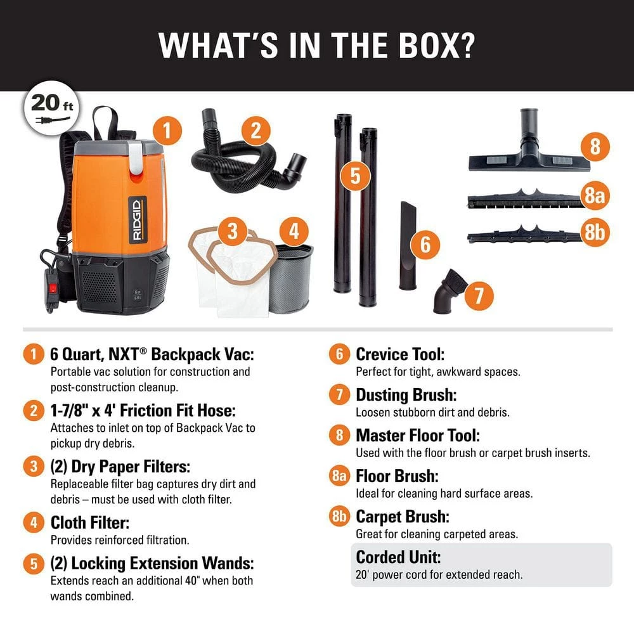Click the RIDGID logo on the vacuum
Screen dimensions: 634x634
coord(138,221)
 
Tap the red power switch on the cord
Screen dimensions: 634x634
coord(53,288)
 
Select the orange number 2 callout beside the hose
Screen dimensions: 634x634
coord(256,131)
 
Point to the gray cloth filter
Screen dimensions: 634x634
coord(291,278)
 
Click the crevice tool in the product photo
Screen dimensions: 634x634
coord(408,245)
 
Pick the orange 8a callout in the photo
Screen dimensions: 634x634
coord(595,196)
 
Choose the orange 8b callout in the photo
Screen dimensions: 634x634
coord(595,232)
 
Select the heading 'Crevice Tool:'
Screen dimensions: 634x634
coord(400,354)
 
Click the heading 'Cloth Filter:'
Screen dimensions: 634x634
coord(90,522)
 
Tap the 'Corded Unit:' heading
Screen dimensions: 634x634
coord(398,557)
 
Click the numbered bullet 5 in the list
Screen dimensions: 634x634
coord(34,564)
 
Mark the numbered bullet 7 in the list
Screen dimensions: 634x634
coord(339,395)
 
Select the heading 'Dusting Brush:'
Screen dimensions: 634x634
coord(406,395)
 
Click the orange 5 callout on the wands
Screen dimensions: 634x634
coord(355,176)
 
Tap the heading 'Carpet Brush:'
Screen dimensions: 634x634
coord(403,517)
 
